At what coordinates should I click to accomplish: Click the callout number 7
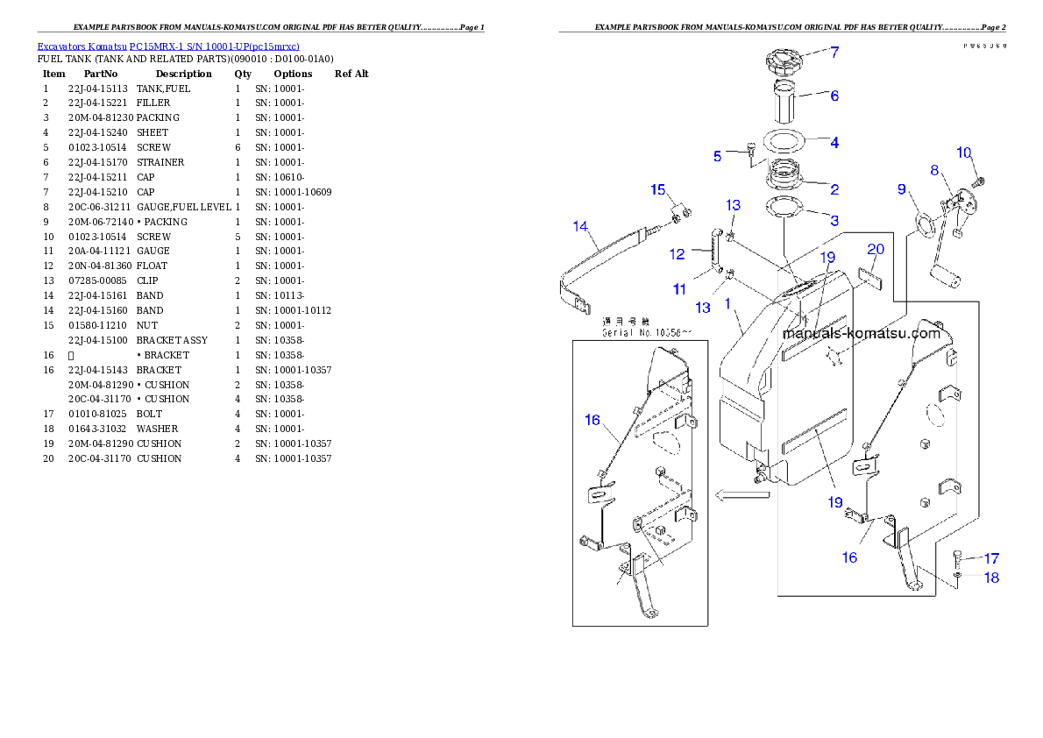click(x=834, y=53)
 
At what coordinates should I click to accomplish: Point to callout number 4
click(x=834, y=142)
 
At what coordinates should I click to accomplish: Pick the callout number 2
click(x=834, y=188)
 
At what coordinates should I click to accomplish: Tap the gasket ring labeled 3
click(x=784, y=209)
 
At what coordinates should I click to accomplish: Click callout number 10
click(x=964, y=153)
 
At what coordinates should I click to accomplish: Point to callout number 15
click(x=658, y=189)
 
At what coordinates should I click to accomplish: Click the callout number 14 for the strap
click(x=580, y=226)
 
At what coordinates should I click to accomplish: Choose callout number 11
click(x=679, y=288)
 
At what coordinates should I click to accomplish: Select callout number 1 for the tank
click(x=727, y=303)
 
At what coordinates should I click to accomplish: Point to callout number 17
click(x=991, y=558)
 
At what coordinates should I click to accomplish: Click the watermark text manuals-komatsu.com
click(x=861, y=333)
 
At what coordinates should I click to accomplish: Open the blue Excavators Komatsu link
click(x=168, y=46)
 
